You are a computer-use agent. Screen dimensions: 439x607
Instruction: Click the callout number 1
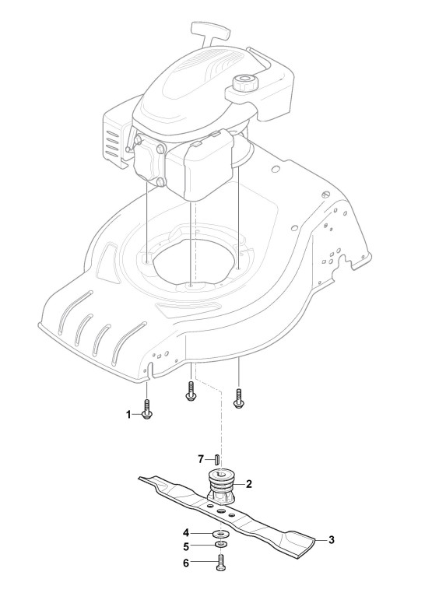(x=128, y=415)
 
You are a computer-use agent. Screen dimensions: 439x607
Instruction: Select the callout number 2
(x=249, y=484)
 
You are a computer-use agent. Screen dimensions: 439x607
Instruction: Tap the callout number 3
(x=332, y=540)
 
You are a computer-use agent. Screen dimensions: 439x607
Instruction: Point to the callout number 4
(x=186, y=533)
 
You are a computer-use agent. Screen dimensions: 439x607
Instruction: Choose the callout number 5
(x=186, y=547)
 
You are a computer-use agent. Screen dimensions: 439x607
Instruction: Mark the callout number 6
(x=186, y=563)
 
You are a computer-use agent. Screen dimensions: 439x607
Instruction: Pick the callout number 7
(x=201, y=459)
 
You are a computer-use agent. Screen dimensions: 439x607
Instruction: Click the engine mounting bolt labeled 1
(x=147, y=409)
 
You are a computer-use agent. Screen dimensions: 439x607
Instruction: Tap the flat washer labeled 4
(x=220, y=535)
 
